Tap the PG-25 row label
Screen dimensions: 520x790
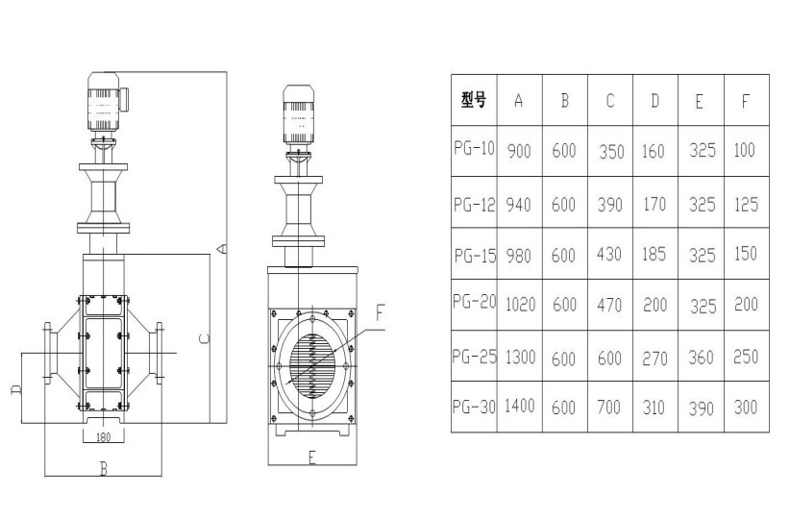pos(474,357)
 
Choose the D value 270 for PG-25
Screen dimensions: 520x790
pos(654,357)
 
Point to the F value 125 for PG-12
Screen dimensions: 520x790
pos(745,204)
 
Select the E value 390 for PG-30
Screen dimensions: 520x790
pos(701,408)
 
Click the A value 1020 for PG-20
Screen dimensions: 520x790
pos(519,305)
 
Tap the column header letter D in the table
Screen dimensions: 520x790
pos(654,100)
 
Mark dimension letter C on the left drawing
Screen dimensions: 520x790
pos(204,337)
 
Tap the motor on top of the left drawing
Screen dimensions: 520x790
pos(106,103)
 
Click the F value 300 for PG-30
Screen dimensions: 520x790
pos(745,407)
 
